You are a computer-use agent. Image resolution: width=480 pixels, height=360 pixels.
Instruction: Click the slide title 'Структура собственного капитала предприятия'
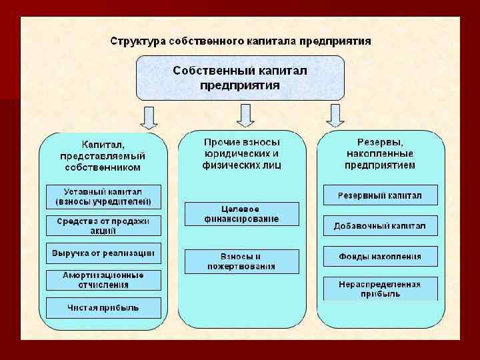coord(240,41)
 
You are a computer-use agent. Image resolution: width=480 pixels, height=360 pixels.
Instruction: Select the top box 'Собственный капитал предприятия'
coord(240,77)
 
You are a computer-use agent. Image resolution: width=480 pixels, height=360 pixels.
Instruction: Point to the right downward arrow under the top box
coord(334,116)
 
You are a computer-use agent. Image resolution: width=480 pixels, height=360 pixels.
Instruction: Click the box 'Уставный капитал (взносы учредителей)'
coord(103,196)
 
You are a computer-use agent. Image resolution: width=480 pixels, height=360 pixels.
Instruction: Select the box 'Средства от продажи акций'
coord(103,225)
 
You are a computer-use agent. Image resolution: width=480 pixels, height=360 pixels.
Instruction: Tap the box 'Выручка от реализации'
coord(103,253)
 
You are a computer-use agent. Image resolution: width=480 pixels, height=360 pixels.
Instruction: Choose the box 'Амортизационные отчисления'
coord(103,279)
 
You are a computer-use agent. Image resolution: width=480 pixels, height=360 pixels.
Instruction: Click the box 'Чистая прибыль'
coord(103,307)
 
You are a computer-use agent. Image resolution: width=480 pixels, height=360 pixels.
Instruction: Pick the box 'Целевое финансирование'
coord(241,213)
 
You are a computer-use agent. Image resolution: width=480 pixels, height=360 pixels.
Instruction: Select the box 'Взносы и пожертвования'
coord(241,261)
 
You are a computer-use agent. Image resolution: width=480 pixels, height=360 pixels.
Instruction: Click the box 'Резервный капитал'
coord(380,195)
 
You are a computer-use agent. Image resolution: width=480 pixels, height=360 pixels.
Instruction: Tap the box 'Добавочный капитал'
coord(380,226)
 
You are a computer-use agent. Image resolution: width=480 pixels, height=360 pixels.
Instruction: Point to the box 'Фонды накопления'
coord(380,256)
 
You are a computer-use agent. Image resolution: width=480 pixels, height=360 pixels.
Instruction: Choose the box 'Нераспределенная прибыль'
coord(380,288)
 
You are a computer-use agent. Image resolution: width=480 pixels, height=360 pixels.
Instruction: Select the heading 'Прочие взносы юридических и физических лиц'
coord(241,153)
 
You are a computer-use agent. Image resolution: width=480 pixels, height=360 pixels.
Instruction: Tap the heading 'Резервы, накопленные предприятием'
coord(380,153)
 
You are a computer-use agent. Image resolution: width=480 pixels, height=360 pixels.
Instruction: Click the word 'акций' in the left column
coord(103,231)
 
